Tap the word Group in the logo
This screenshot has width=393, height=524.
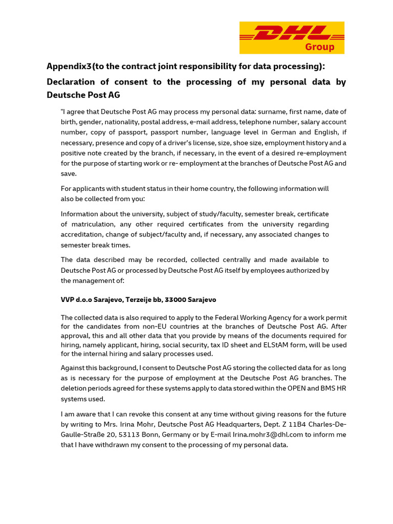320,47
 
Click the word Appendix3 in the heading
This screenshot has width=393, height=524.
67,67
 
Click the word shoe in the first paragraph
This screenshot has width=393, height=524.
252,143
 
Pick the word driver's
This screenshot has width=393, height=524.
178,143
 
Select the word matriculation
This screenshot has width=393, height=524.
95,224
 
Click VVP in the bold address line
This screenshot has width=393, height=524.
68,299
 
